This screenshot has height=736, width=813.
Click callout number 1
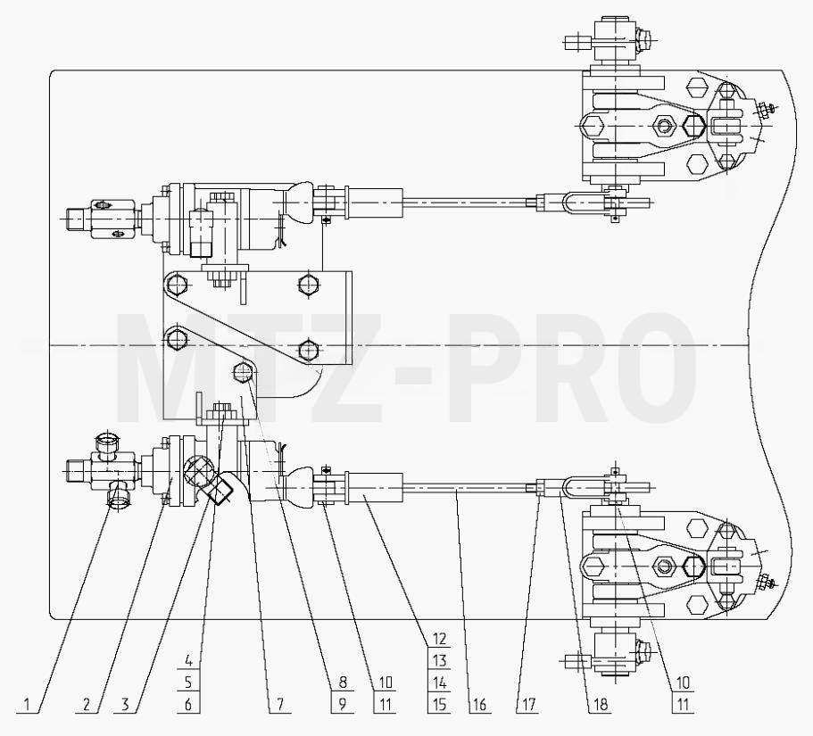[x=27, y=705]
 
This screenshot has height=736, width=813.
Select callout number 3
[x=125, y=705]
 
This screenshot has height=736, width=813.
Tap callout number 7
[x=280, y=705]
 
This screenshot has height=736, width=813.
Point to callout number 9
[x=342, y=705]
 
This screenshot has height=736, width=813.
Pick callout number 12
[x=439, y=639]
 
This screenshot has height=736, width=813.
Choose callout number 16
[x=479, y=705]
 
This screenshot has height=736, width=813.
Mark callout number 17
[x=527, y=705]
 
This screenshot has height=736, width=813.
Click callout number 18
[x=600, y=705]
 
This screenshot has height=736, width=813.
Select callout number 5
[x=188, y=682]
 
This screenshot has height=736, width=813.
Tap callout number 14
[x=439, y=682]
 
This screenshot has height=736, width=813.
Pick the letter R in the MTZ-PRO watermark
[x=539, y=368]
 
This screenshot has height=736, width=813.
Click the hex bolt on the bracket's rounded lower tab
[x=243, y=372]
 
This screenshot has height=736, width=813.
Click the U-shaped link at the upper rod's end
[x=569, y=203]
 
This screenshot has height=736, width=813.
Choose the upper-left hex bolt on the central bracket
[x=178, y=284]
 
